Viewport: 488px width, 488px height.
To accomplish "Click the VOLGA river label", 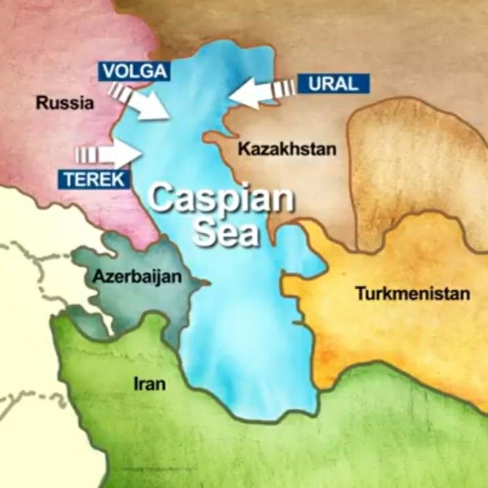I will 133,70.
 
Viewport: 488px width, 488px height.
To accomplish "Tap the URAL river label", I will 332,84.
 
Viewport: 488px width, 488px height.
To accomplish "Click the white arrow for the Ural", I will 254,91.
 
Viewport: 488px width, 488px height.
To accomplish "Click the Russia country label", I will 64,104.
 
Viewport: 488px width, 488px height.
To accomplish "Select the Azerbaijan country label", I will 128,277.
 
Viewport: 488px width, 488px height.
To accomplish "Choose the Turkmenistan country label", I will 412,294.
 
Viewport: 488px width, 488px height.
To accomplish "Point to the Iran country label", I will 150,384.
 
